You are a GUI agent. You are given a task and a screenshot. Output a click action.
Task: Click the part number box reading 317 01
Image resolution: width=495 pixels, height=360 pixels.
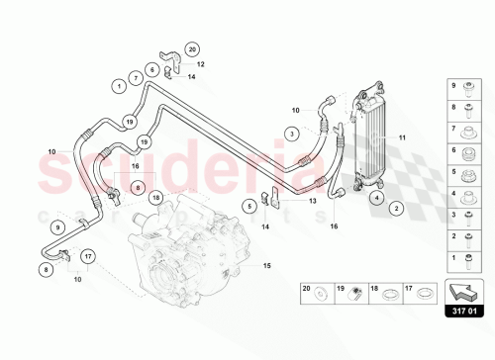464,313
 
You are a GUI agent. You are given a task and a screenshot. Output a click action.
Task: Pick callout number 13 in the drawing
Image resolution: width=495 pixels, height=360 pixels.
312,200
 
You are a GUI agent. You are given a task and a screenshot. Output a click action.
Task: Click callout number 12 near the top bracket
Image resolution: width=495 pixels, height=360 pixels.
199,63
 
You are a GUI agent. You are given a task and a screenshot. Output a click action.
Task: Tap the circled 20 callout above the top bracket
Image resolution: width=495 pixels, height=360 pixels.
192,48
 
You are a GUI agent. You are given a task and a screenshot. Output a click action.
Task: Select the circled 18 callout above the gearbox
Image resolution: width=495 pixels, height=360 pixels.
156,199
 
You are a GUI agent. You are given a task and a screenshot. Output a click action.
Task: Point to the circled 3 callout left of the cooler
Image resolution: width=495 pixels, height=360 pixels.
293,133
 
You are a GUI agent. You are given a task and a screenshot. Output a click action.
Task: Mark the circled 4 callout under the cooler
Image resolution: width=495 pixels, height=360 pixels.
377,198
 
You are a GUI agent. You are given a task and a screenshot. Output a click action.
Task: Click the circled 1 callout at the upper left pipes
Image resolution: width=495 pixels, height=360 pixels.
118,86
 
